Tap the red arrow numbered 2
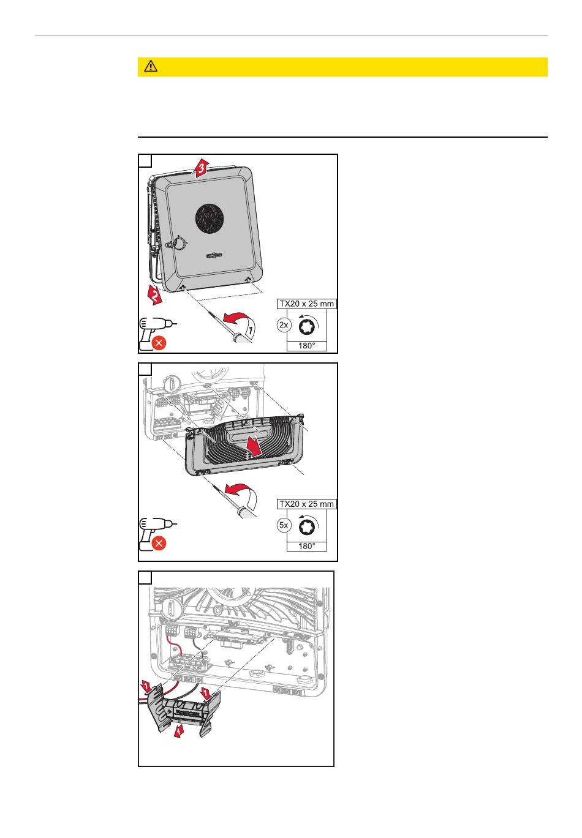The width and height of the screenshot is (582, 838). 155,295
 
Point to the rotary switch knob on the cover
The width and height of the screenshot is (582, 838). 180,244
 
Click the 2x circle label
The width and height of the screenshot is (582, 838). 284,325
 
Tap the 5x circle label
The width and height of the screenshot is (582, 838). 284,525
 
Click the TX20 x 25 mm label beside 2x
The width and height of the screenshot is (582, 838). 307,304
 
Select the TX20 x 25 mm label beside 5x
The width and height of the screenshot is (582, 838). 307,504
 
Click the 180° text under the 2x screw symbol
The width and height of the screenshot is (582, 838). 307,346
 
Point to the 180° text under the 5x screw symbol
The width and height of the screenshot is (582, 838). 307,546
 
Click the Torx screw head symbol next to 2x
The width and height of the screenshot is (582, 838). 308,325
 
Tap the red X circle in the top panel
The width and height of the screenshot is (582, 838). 158,343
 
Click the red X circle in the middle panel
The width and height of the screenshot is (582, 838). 158,544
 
